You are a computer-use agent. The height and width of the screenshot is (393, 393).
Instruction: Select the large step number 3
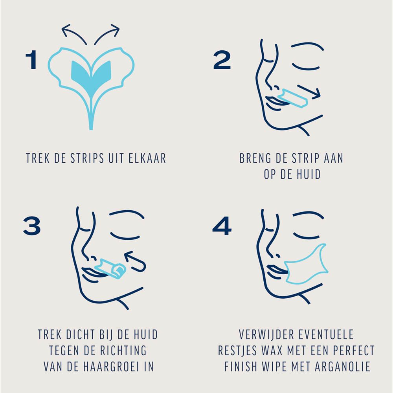(x=32, y=226)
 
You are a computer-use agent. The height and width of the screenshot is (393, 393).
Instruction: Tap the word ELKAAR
(x=148, y=158)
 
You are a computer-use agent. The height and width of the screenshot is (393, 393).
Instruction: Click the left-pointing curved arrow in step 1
(x=75, y=33)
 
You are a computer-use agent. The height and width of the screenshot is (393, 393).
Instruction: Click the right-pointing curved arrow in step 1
(x=107, y=33)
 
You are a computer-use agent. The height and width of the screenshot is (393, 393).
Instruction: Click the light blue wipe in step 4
(x=307, y=265)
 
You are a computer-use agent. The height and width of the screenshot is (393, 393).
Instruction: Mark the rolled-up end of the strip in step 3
(x=118, y=270)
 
